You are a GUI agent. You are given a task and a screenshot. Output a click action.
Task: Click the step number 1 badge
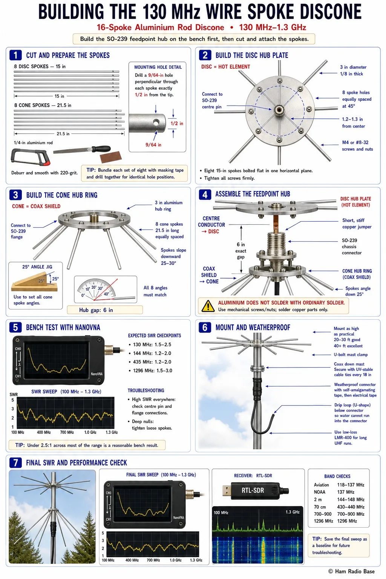click(x=15, y=55)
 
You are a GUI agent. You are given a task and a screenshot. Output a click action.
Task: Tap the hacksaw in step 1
click(x=31, y=157)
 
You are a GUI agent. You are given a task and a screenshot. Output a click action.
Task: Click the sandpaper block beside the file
click(x=111, y=157)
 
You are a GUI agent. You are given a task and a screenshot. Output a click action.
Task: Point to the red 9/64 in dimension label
click(x=153, y=145)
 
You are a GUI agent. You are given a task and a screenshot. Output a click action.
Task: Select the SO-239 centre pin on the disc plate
click(x=279, y=110)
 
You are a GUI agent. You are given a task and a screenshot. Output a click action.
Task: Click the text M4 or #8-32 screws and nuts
click(x=357, y=146)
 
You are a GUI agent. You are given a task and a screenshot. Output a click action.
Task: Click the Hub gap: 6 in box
click(x=105, y=310)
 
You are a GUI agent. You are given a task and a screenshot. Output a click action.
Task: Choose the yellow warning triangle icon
click(x=208, y=306)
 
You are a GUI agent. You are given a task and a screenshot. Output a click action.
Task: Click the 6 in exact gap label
click(x=241, y=251)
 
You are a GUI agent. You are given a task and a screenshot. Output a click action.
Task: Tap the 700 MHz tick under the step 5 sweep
click(x=67, y=432)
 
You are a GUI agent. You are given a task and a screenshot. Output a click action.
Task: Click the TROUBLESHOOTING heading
click(x=146, y=391)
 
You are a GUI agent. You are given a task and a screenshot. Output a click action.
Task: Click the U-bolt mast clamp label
click(x=351, y=355)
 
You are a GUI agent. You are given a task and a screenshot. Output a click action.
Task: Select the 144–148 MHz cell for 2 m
click(x=351, y=499)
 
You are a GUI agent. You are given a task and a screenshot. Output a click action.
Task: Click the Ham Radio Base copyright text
click(x=351, y=571)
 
